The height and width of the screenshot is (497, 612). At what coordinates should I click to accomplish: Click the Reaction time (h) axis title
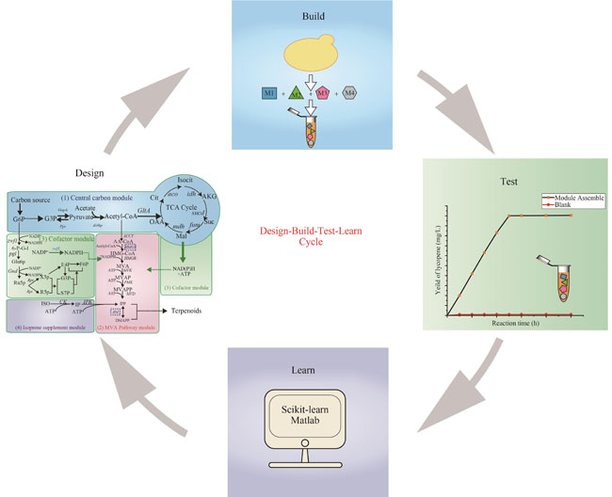pos(514,323)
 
